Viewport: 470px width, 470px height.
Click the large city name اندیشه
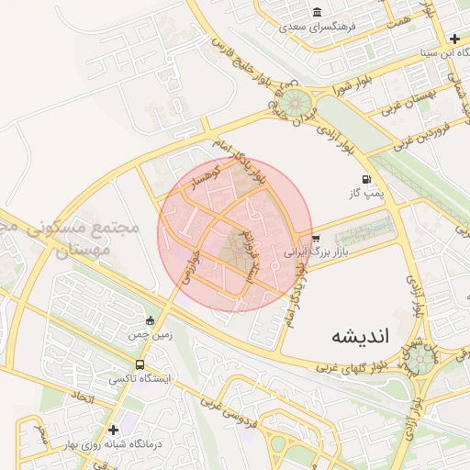click(x=360, y=336)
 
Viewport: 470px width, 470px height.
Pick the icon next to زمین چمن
click(x=151, y=320)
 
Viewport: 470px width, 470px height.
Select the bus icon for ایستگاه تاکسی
click(x=140, y=364)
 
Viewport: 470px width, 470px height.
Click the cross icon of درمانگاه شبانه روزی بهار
click(x=113, y=430)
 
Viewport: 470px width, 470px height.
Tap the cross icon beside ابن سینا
click(x=455, y=39)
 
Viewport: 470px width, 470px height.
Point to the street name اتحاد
click(x=82, y=398)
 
